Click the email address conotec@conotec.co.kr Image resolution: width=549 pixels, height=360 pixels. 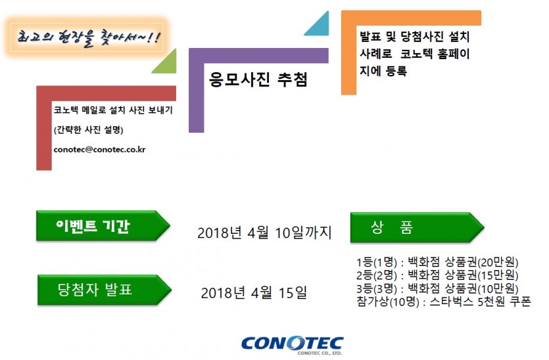99,150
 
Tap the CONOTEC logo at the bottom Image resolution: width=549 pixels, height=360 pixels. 293,346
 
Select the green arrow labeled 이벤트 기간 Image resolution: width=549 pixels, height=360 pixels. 103,225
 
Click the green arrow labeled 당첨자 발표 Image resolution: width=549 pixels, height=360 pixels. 105,290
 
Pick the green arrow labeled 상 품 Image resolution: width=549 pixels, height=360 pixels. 417,227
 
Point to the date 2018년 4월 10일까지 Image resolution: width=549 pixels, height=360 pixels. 264,233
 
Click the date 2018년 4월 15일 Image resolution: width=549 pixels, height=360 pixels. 254,293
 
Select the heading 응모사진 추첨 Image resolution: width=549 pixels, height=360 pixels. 258,79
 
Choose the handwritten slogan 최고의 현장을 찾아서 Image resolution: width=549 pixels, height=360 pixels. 89,37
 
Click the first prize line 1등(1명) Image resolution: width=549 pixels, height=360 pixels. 437,262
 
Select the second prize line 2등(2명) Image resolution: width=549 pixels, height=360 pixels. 437,275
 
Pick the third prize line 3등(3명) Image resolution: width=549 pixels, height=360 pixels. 437,288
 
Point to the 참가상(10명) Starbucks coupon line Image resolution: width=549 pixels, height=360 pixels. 444,302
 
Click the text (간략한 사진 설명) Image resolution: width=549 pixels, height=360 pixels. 89,130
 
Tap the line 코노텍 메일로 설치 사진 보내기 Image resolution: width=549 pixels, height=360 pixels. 113,110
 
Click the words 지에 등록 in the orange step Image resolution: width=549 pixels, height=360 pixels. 383,71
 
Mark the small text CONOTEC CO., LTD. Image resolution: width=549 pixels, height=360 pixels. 320,353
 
